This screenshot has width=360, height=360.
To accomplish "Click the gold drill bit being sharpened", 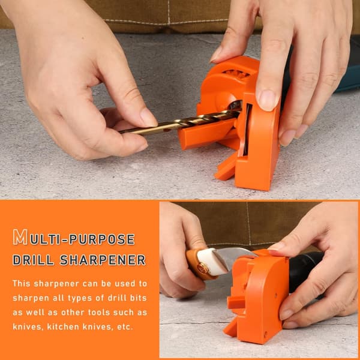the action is (179, 122).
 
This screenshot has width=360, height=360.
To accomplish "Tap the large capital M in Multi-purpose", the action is (20, 237).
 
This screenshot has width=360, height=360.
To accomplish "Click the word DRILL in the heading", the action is (33, 260).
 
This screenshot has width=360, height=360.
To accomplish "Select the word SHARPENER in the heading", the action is (103, 260).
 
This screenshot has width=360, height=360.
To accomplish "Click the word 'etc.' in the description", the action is (125, 327).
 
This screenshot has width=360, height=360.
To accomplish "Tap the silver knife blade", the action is (234, 257).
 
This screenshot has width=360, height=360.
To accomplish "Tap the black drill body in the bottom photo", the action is (303, 272).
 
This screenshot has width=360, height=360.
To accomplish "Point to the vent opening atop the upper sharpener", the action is (236, 73).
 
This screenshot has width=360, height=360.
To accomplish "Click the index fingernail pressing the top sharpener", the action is (268, 100).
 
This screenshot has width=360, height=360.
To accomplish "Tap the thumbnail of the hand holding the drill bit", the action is (148, 117).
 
